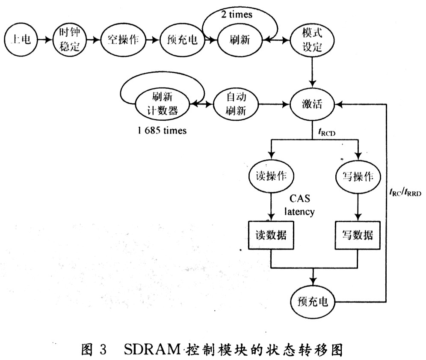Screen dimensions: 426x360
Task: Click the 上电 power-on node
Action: coord(21,40)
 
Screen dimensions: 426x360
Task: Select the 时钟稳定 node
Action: coord(70,40)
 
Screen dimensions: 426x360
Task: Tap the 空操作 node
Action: coord(123,40)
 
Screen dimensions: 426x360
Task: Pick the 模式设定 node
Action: coord(312,40)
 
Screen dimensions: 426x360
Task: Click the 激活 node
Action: coord(312,104)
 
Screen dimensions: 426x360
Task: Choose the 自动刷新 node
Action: coord(236,104)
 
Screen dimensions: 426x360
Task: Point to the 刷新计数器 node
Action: coord(162,104)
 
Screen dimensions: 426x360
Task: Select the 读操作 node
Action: coord(271,176)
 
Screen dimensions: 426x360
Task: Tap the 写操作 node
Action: coord(358,177)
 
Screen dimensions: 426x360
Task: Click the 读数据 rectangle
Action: coord(271,235)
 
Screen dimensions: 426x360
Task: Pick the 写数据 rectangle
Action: coord(358,235)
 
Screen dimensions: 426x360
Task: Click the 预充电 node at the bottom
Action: coord(313,301)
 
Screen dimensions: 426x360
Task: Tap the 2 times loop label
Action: coord(237,14)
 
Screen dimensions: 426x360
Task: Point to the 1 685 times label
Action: coord(162,131)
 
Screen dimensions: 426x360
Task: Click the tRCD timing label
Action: coord(327,132)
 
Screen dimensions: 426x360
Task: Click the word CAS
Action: coord(300,199)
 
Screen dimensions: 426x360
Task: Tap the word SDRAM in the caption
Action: coord(152,349)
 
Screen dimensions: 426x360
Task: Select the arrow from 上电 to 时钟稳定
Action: coord(45,40)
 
